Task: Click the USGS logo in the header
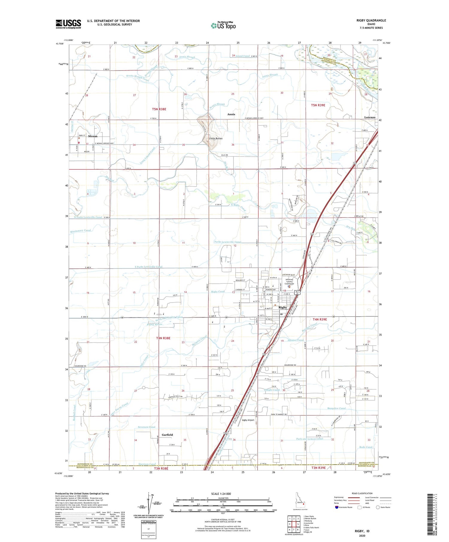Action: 68,24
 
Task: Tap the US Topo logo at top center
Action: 223,26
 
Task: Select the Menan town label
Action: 93,136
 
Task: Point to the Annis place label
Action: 231,114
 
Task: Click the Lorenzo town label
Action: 370,117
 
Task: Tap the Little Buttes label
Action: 216,139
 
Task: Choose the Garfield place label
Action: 167,435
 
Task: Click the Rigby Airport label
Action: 248,420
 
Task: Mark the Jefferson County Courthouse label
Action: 289,282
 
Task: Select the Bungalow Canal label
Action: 336,408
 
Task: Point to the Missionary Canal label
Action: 81,230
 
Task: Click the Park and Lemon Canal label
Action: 310,439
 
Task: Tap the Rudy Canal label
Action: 366,447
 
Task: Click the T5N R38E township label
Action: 159,109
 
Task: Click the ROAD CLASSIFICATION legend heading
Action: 362,493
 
